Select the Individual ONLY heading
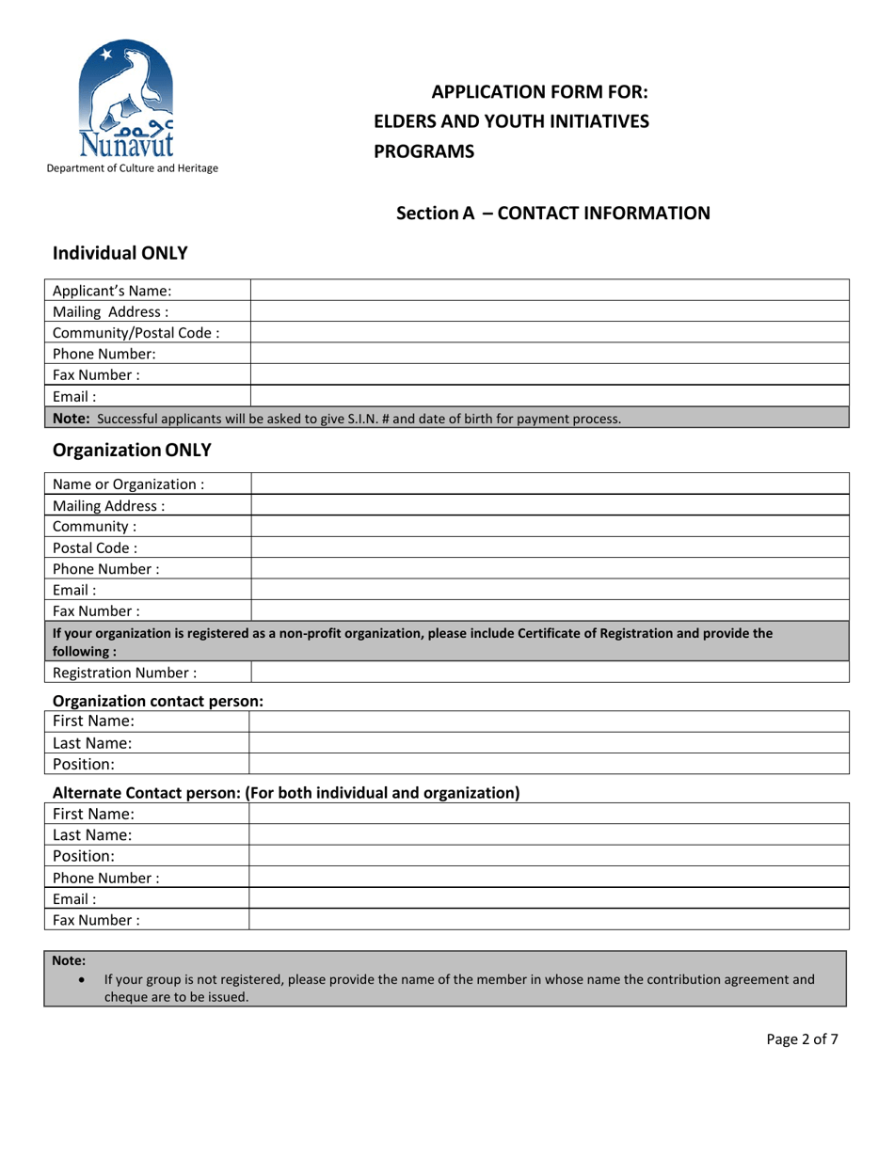(x=120, y=252)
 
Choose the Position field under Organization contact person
(x=549, y=763)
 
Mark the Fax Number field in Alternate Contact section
(x=549, y=919)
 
